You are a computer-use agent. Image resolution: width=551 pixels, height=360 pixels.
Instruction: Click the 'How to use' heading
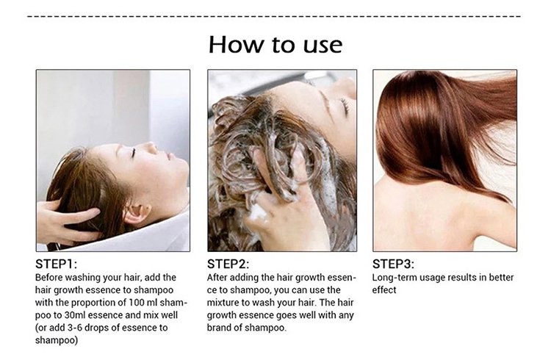(x=275, y=45)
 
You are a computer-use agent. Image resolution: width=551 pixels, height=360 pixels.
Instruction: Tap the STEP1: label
(x=56, y=264)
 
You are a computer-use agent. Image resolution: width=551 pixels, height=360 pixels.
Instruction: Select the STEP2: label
(x=228, y=264)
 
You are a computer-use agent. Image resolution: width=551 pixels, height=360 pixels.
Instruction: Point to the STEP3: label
(x=393, y=264)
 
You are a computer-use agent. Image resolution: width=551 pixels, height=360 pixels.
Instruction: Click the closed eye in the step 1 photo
(x=133, y=153)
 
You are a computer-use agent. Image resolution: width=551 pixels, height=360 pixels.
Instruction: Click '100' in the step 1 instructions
(x=134, y=303)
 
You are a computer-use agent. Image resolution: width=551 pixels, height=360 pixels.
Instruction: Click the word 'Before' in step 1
(x=48, y=278)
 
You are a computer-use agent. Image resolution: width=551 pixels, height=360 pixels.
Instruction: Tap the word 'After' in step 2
(x=217, y=278)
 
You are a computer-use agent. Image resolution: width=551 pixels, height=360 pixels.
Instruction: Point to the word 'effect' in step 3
(x=384, y=290)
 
